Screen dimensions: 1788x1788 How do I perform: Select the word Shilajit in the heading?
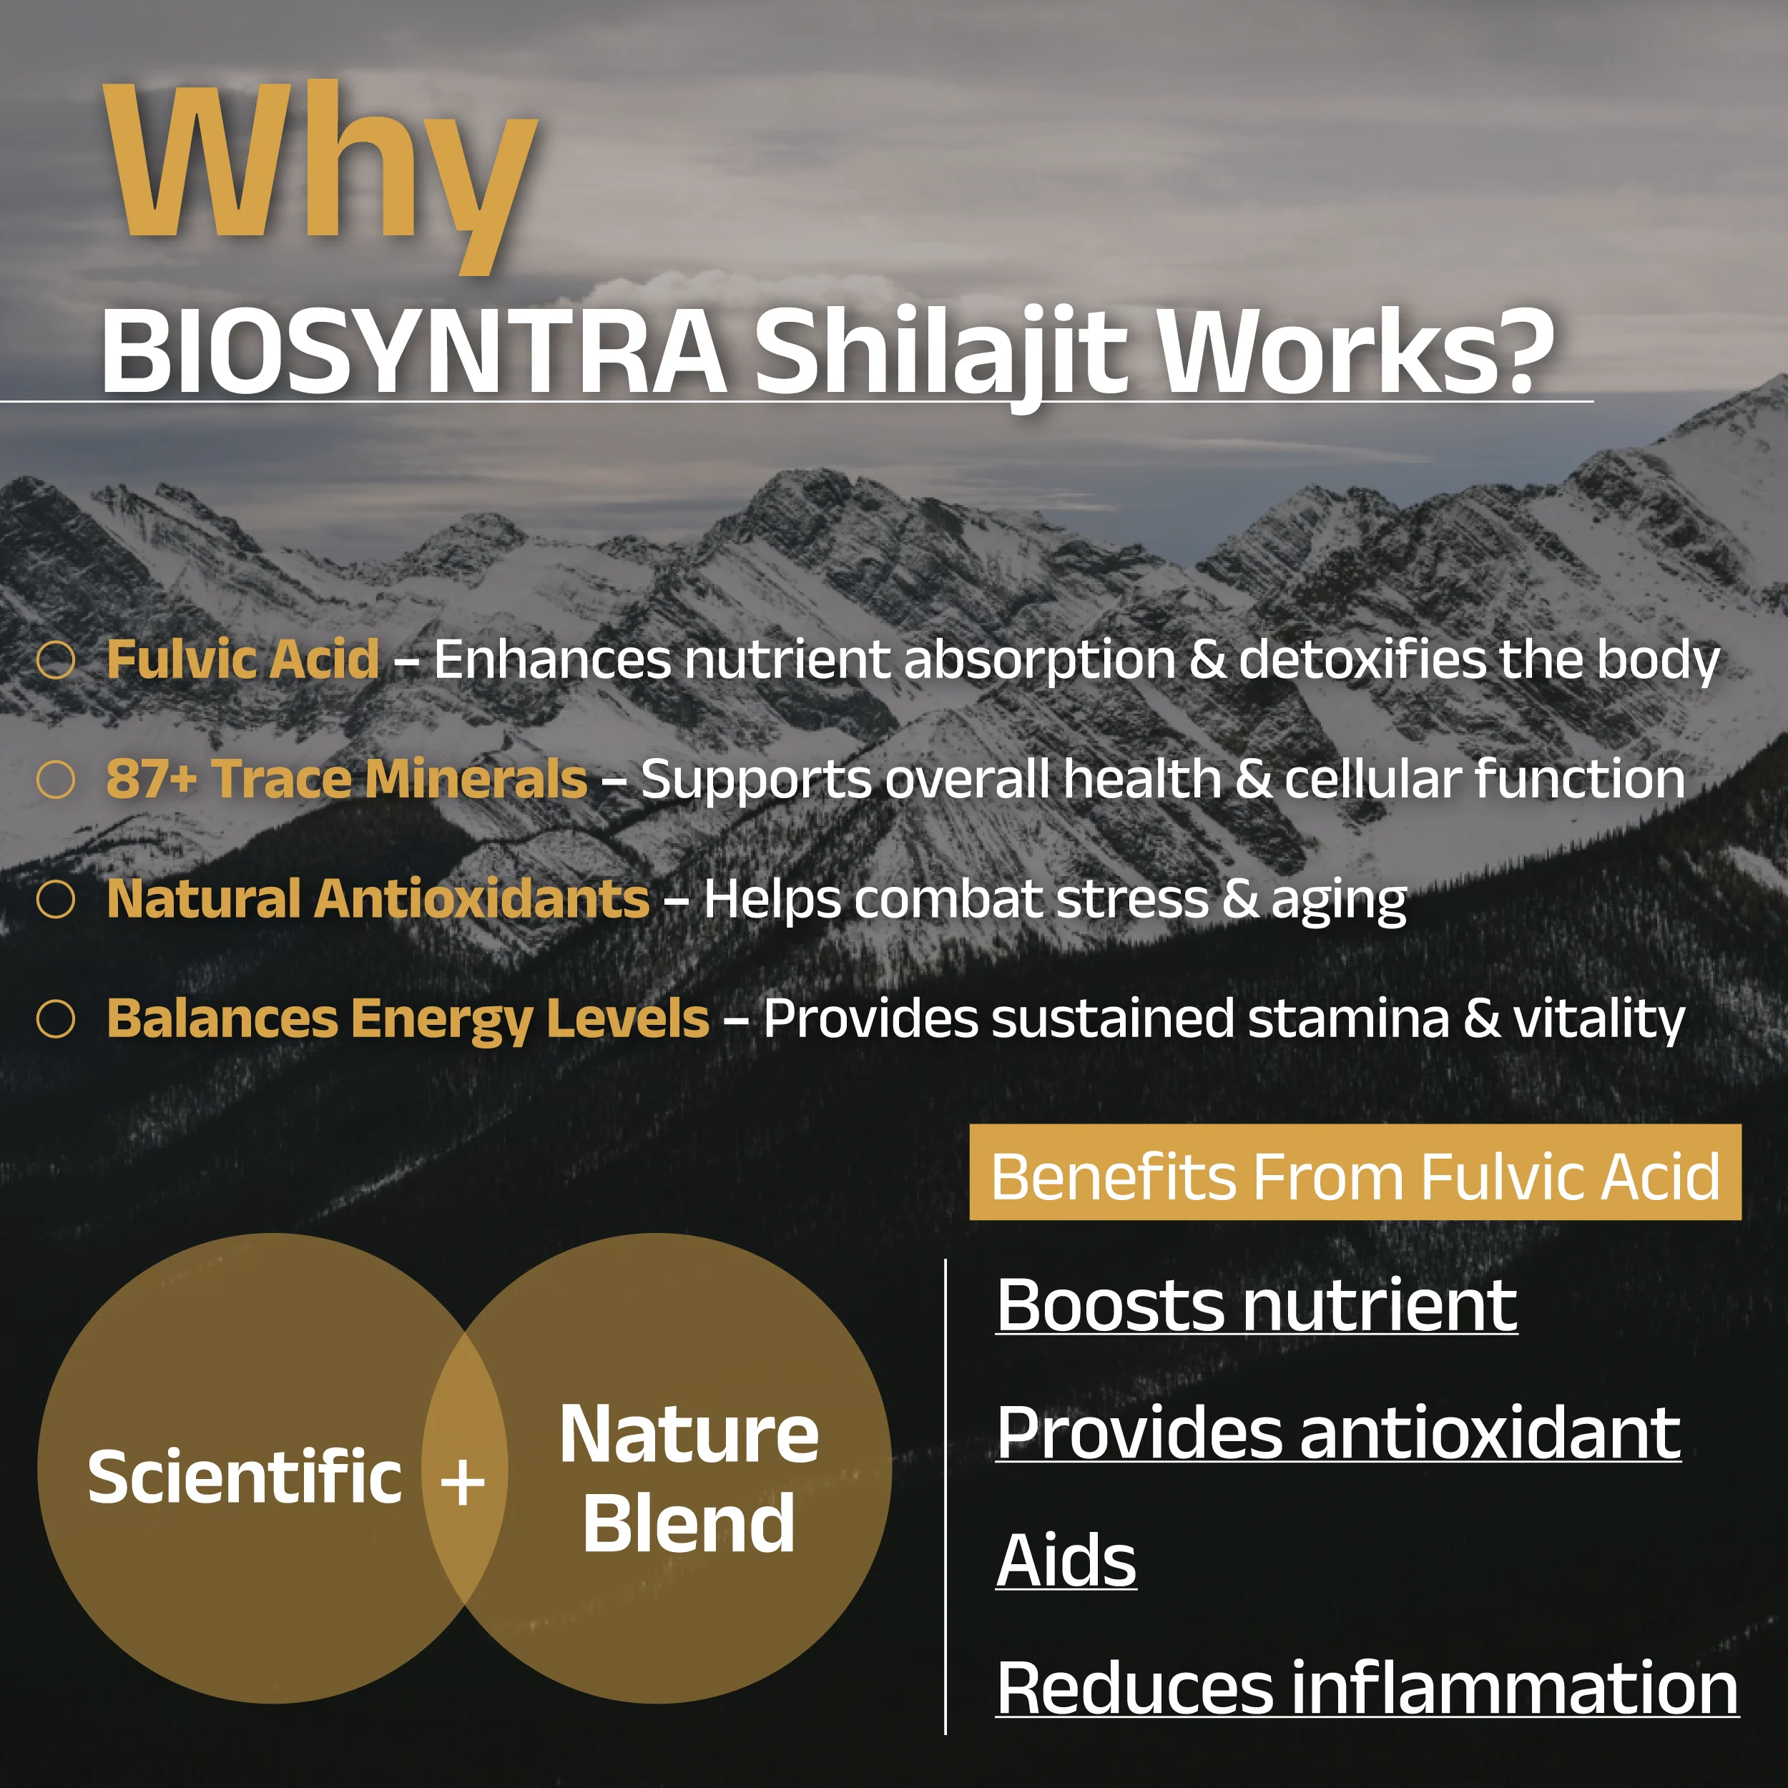[x=943, y=356]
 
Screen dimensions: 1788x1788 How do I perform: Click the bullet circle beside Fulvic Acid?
[x=56, y=661]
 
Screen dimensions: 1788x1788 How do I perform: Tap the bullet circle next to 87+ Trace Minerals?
[x=56, y=780]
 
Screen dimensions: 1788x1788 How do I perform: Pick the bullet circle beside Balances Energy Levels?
[x=56, y=1019]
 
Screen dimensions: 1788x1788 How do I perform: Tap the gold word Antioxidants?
[x=482, y=898]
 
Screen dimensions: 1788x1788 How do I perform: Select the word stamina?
[x=1348, y=1019]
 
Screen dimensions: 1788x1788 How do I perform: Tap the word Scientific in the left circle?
[x=245, y=1476]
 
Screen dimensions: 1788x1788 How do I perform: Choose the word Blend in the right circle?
[x=689, y=1523]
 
